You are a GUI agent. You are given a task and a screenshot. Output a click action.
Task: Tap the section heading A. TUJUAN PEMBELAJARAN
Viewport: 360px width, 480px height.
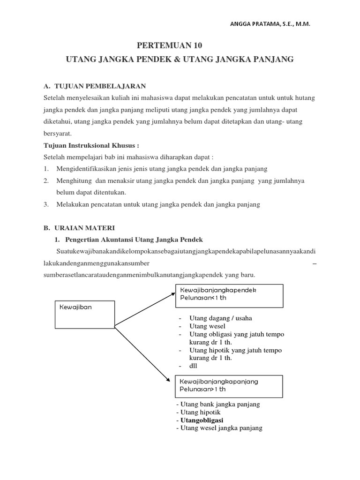[95, 86]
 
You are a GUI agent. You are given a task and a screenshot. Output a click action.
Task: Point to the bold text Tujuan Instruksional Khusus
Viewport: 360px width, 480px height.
[85, 145]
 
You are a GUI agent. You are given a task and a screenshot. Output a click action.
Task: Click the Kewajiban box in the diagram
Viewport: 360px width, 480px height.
[85, 314]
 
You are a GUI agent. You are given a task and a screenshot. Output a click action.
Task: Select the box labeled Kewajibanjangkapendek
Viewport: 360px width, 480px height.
[229, 295]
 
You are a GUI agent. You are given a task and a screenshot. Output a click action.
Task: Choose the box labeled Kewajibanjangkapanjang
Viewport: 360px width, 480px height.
[229, 385]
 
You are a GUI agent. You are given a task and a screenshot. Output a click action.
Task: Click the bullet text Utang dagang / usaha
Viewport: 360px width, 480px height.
[220, 318]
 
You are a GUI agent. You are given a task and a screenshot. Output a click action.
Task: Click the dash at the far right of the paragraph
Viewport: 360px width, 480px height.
[314, 264]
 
